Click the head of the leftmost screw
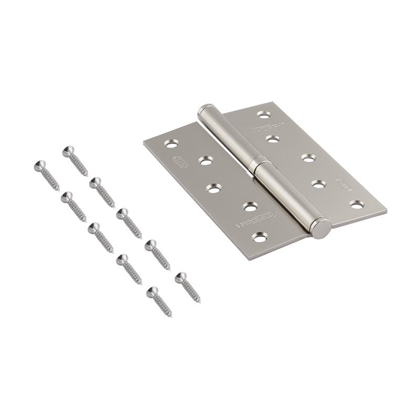click(38, 165)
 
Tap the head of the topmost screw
click(67, 151)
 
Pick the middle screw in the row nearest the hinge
click(122, 213)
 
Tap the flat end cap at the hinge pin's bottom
click(321, 228)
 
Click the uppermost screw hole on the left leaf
click(172, 142)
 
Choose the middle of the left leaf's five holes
click(213, 188)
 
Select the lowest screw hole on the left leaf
click(259, 237)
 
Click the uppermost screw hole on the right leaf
click(264, 113)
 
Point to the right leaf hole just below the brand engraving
click(271, 139)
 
